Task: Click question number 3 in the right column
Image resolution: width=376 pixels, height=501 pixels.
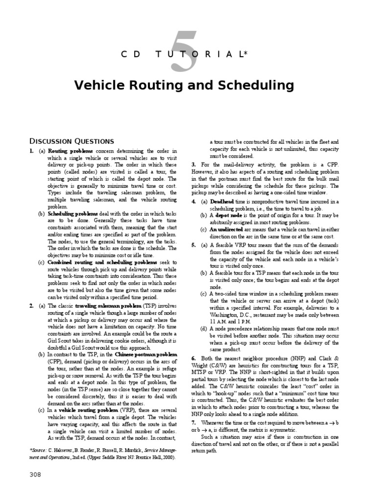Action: click(194, 165)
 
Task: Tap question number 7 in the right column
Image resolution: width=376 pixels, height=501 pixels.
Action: click(194, 422)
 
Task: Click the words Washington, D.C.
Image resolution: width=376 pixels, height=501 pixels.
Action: click(231, 316)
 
